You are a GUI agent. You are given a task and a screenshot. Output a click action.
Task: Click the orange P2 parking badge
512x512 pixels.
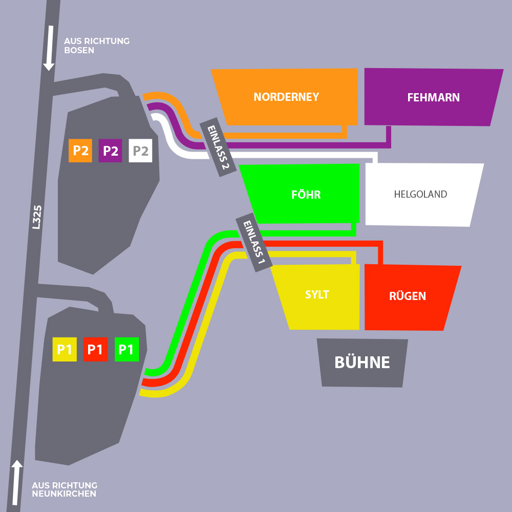(80, 151)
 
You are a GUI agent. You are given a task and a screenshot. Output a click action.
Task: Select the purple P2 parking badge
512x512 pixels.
(111, 151)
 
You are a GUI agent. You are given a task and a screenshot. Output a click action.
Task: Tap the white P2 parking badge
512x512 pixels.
(141, 151)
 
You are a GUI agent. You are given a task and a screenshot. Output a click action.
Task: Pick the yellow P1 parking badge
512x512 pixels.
(65, 350)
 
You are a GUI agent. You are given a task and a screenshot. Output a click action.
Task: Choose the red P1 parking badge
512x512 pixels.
(95, 350)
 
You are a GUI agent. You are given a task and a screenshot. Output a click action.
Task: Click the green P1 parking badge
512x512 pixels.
(126, 350)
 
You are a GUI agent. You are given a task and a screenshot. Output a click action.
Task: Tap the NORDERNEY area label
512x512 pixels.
(286, 97)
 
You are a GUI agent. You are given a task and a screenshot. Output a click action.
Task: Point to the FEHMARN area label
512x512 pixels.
(433, 97)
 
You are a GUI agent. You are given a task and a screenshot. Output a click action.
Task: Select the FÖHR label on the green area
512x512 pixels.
(306, 195)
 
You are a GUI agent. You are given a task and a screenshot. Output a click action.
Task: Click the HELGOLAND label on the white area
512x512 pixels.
(420, 195)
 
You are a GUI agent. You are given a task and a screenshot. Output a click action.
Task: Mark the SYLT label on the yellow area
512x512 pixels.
(317, 295)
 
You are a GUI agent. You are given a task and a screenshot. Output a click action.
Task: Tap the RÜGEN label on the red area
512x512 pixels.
(408, 296)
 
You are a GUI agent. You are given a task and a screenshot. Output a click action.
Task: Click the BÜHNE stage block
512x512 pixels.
(362, 362)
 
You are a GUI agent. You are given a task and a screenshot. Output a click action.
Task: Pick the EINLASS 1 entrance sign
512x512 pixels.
(254, 242)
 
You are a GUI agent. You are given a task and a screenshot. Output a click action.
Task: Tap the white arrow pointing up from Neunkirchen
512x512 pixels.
(17, 482)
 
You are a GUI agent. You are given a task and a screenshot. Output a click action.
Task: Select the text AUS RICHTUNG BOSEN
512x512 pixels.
(97, 46)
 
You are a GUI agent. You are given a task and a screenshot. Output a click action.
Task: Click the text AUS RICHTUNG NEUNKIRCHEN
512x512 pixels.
(65, 489)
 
